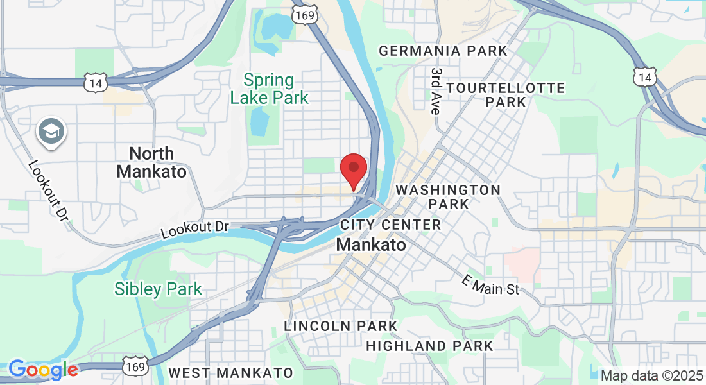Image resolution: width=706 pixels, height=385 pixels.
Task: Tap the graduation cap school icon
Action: tap(49, 132)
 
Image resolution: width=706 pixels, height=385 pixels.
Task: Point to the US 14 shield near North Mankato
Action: tap(94, 82)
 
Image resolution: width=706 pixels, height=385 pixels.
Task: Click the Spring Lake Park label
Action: tap(270, 89)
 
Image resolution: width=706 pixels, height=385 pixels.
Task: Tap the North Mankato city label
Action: tap(151, 162)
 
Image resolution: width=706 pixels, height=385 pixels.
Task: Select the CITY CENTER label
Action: tap(390, 225)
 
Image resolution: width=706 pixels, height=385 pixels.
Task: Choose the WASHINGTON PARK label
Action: tap(448, 197)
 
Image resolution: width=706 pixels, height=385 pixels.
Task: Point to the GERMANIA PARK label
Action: tap(443, 51)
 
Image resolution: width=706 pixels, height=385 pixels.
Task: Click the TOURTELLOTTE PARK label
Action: tap(506, 94)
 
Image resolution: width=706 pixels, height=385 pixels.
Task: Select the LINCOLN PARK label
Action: tap(341, 327)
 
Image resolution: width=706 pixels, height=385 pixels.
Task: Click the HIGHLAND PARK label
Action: tap(429, 346)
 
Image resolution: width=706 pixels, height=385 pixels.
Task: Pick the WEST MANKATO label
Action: tap(230, 373)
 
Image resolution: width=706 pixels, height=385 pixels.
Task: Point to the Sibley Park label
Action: tap(159, 289)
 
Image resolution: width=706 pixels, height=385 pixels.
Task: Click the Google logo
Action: tap(43, 370)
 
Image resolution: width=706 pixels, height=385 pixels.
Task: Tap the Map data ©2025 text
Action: tap(650, 375)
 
